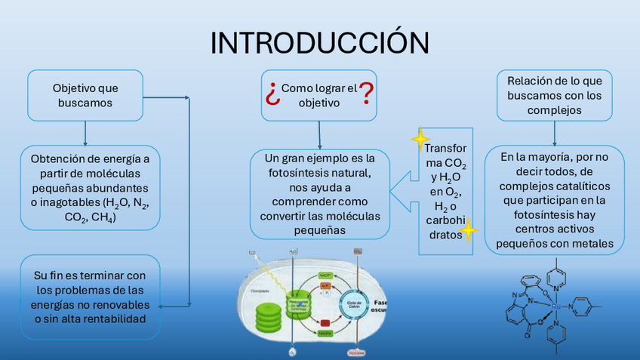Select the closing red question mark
coord(367,93)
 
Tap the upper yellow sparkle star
coord(420,140)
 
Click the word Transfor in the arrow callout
coord(446,148)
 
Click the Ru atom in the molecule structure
coord(556,307)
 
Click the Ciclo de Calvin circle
coord(352,303)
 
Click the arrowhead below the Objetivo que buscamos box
coord(85,141)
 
